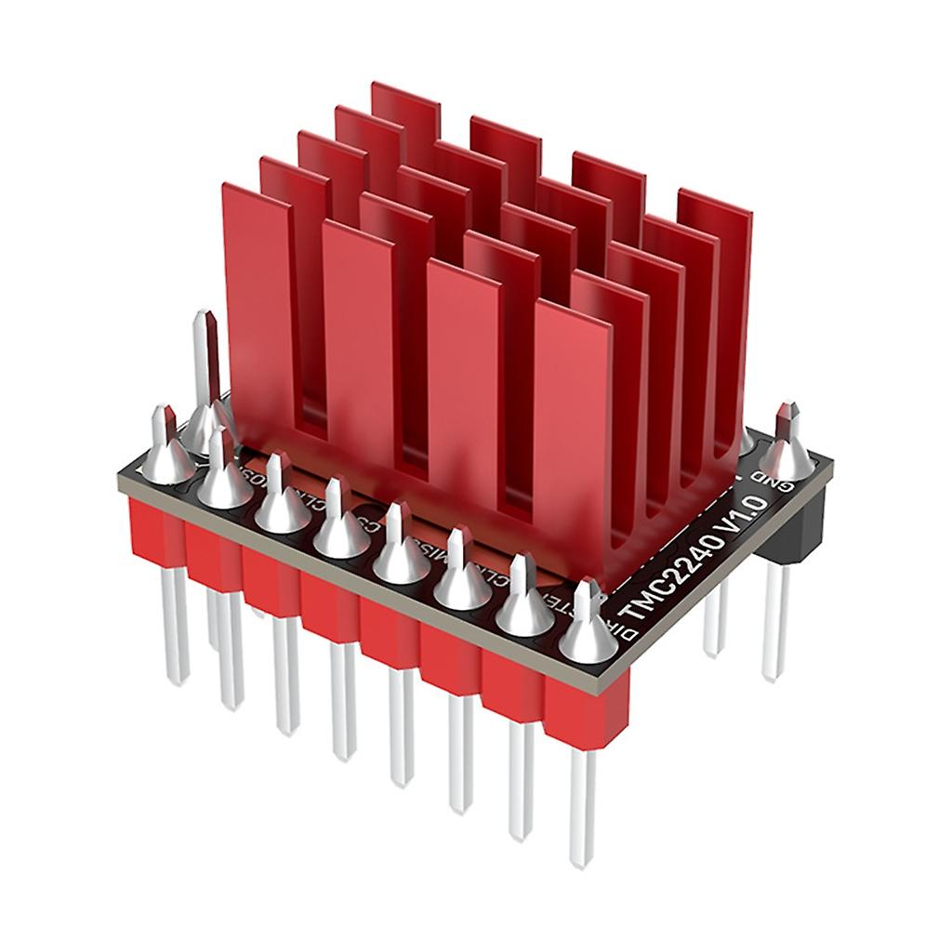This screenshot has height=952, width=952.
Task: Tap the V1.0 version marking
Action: (x=743, y=517)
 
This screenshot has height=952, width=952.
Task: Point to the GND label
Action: (x=779, y=483)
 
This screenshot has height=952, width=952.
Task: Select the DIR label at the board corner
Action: (x=628, y=635)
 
